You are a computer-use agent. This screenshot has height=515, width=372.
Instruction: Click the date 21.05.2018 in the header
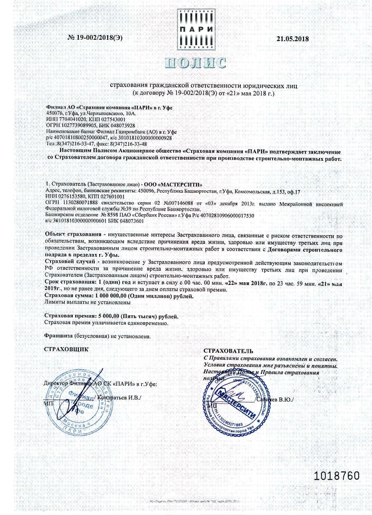(293, 39)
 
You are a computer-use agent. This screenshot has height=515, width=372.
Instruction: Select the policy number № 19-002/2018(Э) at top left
(95, 37)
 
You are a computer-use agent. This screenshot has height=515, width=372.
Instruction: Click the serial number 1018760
(337, 476)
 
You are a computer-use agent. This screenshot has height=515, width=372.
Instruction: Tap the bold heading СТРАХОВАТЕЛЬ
(228, 351)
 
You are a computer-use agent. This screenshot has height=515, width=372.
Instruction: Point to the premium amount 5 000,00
(109, 316)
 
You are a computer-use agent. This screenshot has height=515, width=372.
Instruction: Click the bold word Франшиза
(58, 336)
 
